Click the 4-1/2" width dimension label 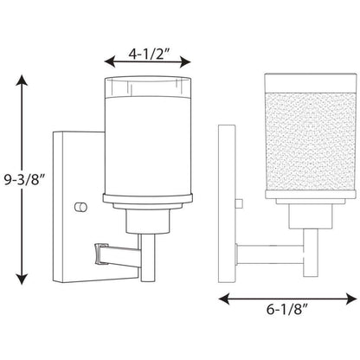[149, 54]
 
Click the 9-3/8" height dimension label [25, 180]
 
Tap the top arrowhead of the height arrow [22, 80]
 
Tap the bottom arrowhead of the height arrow [22, 279]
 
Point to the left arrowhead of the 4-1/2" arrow [110, 61]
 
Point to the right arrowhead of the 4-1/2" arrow [185, 61]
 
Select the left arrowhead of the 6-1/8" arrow [224, 299]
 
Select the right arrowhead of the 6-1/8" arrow [351, 299]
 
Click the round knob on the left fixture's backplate [80, 207]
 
